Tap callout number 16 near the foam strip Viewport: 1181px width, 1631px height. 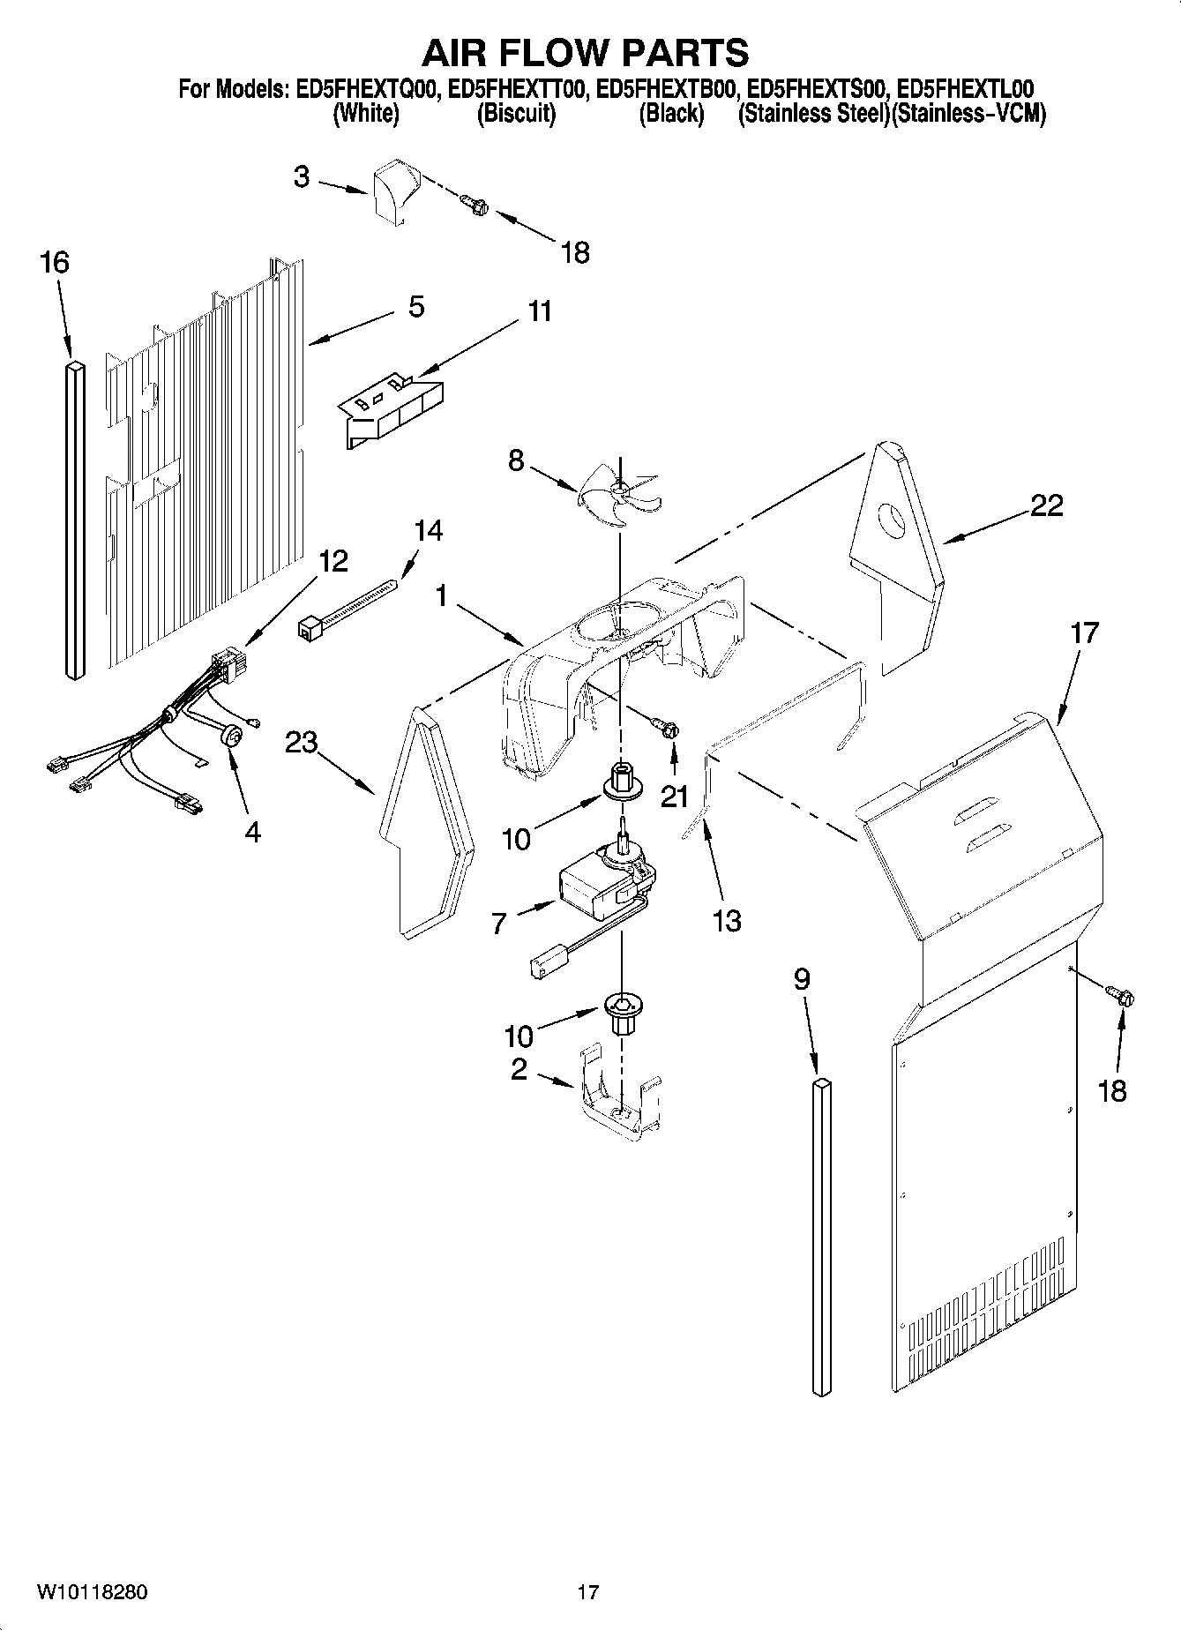(55, 262)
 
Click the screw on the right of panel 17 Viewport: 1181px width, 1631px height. (1122, 997)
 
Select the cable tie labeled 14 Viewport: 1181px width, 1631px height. (348, 609)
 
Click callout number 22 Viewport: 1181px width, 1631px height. (1046, 505)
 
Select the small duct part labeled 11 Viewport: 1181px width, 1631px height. (392, 410)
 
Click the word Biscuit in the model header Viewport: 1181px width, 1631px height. (516, 114)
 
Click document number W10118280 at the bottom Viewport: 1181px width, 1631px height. (92, 1592)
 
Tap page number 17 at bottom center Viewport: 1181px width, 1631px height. (588, 1592)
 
